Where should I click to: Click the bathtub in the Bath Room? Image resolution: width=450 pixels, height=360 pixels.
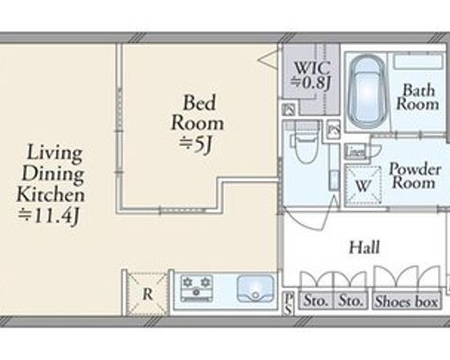click(367, 92)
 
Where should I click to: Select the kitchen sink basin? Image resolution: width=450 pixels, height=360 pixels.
click(256, 289)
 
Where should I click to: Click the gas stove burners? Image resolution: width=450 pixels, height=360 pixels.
click(196, 288)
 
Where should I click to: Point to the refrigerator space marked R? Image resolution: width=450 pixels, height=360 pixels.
click(147, 293)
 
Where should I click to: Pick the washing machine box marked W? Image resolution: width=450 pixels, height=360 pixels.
click(363, 185)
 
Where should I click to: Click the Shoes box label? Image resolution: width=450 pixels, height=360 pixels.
click(407, 301)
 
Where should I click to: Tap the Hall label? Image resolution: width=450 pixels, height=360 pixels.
click(364, 247)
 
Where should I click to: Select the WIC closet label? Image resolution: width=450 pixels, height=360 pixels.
click(312, 68)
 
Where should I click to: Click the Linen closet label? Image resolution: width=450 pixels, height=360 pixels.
click(355, 152)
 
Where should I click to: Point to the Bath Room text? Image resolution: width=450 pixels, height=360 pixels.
click(418, 96)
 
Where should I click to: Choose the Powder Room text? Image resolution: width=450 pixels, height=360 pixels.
click(415, 175)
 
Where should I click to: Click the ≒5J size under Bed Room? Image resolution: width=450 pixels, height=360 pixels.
click(196, 144)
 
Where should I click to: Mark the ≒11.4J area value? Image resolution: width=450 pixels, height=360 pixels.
click(49, 215)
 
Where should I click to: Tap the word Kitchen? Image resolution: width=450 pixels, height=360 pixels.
click(50, 194)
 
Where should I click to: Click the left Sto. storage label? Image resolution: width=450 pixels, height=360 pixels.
click(315, 301)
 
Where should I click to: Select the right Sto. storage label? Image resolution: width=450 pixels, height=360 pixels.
click(350, 301)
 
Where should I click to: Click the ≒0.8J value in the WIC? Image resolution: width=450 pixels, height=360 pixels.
click(311, 82)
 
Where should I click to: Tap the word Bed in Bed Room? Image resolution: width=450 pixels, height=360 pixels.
click(199, 103)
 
